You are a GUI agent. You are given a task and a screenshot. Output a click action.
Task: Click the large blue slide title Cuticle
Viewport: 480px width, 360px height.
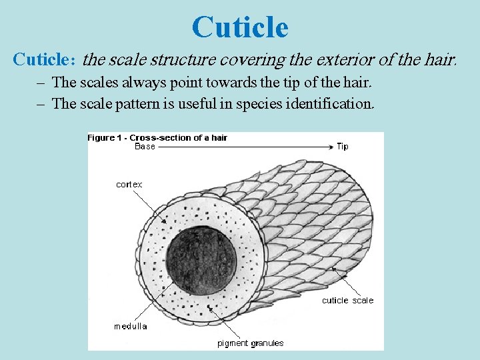(x=240, y=27)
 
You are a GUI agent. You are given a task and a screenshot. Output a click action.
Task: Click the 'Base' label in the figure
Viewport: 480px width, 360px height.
(x=145, y=146)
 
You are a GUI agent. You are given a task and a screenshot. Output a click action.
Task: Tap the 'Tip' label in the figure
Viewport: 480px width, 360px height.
(x=342, y=146)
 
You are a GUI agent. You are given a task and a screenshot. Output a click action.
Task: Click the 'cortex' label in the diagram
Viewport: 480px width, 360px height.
(x=129, y=185)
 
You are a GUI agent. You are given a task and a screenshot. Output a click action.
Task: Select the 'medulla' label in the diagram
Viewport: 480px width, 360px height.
(x=131, y=326)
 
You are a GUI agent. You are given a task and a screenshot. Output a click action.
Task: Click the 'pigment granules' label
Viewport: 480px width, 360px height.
(x=251, y=343)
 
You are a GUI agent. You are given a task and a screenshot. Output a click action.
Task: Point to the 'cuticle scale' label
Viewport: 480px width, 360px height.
(x=347, y=301)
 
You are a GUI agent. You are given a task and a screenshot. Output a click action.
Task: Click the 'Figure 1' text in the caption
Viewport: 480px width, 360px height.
(x=101, y=137)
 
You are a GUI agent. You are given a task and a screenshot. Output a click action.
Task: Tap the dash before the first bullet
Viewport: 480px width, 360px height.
(x=42, y=83)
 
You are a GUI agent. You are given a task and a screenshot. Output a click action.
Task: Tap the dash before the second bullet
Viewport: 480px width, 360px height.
(x=42, y=103)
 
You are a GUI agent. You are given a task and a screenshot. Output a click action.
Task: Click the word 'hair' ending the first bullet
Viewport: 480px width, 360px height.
(x=357, y=83)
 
